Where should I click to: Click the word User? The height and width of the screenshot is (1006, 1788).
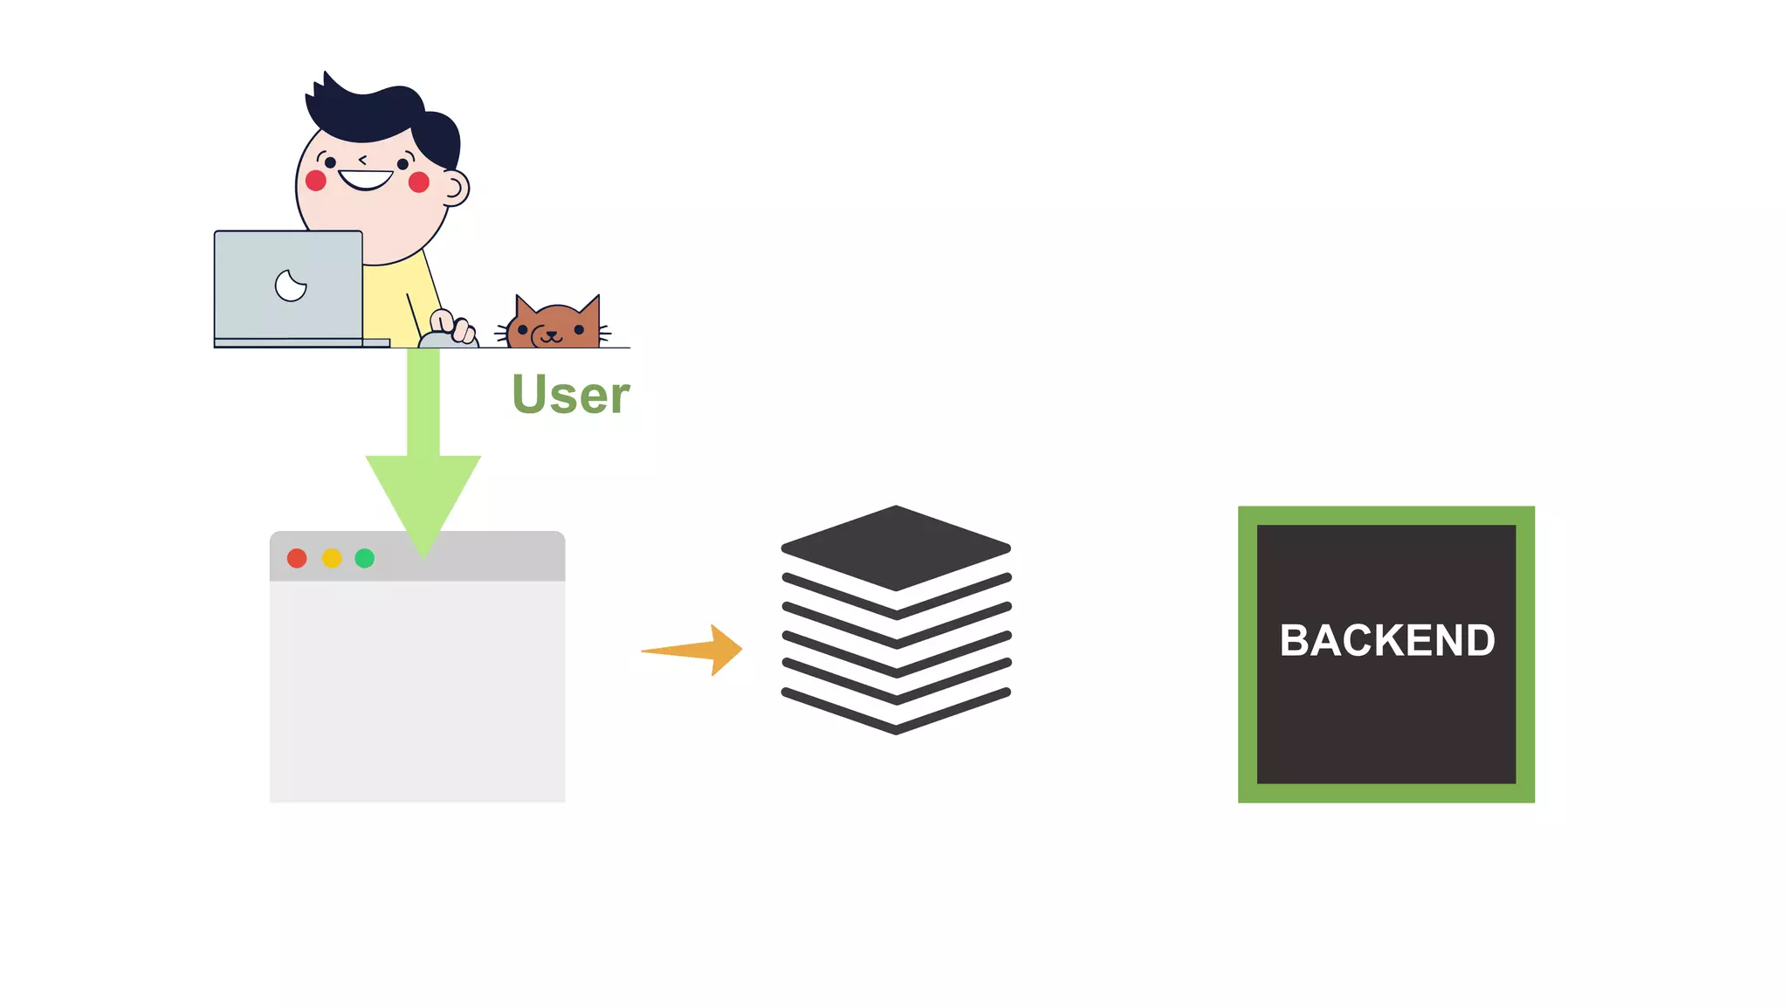570,395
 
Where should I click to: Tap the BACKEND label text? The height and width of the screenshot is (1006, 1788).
1386,640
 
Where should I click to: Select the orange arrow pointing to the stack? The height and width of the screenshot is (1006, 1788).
698,650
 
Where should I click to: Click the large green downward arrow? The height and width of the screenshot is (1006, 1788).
423,472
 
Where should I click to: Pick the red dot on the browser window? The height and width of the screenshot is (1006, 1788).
297,558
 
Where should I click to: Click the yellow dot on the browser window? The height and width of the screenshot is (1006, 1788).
332,558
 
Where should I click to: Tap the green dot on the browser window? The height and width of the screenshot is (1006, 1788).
365,558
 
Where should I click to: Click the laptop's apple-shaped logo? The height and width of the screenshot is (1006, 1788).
291,286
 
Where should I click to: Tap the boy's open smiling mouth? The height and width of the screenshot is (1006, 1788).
366,180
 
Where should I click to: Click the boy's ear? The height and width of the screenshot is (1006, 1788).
455,187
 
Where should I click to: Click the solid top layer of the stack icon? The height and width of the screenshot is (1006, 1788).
896,548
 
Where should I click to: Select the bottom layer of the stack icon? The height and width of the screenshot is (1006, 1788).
896,712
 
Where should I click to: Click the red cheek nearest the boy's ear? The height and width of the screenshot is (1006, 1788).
419,182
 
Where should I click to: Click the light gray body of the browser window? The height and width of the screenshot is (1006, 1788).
417,690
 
